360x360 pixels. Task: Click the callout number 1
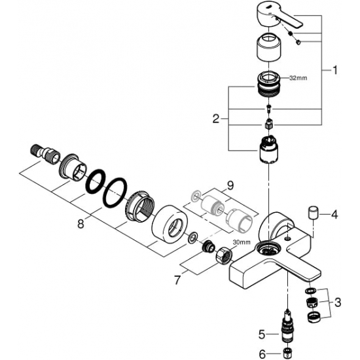(x=334, y=68)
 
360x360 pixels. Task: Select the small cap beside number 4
(x=313, y=213)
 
